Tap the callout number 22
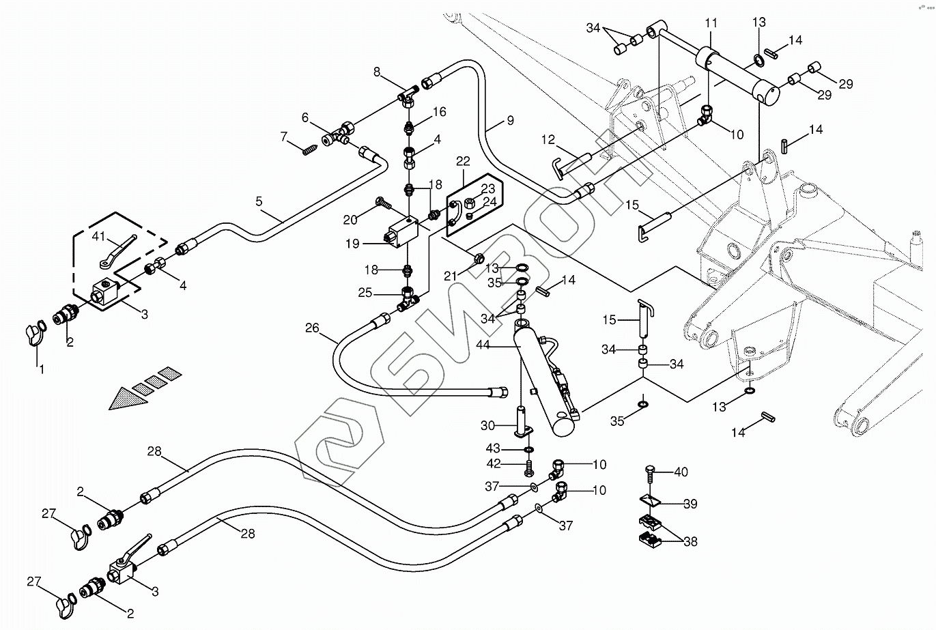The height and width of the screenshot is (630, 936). [464, 161]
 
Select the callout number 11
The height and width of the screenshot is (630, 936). [711, 23]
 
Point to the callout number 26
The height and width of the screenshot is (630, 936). [312, 328]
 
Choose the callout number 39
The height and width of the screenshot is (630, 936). [690, 504]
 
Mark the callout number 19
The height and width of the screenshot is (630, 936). [353, 242]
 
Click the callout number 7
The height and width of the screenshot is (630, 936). [285, 137]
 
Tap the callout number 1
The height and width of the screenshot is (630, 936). [41, 369]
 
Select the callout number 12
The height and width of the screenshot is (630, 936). [549, 140]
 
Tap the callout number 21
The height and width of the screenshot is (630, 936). [449, 275]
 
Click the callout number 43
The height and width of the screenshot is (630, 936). [512, 448]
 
